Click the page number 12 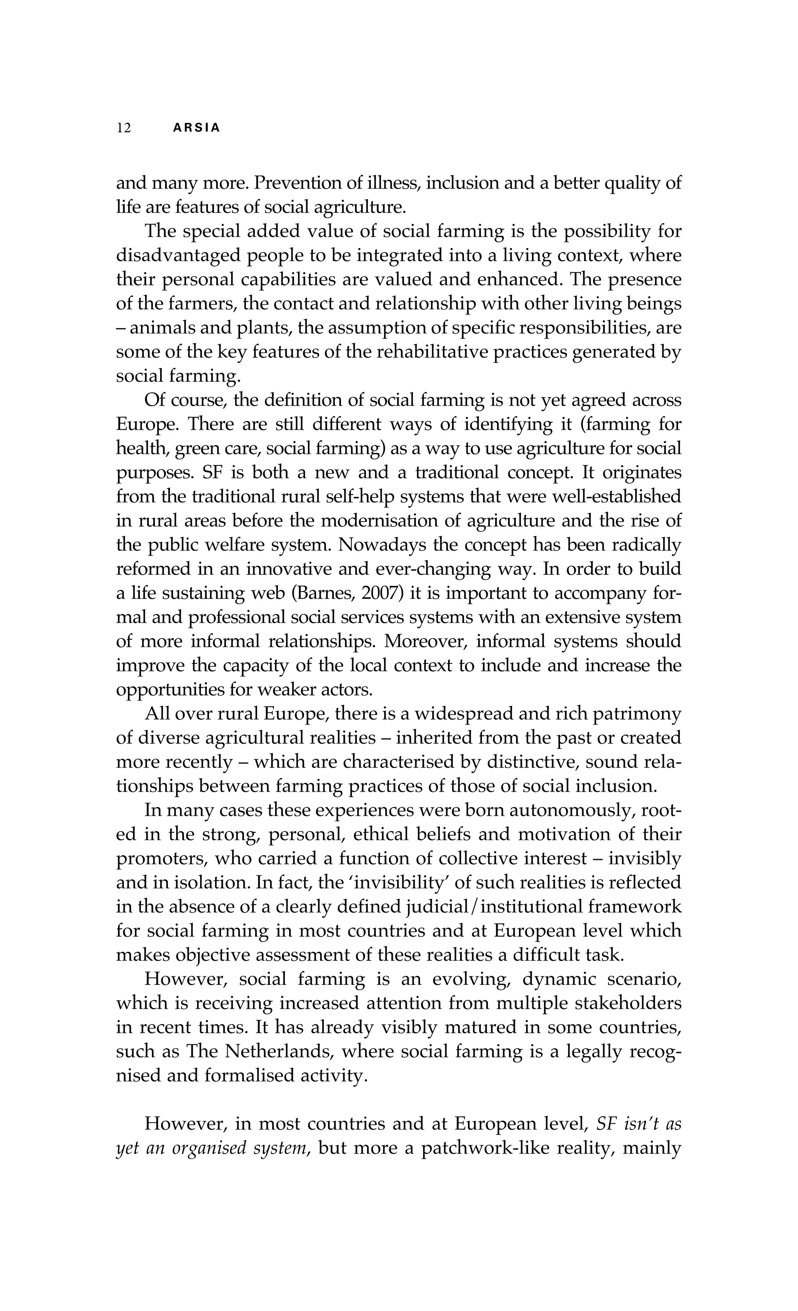124,128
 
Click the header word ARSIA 197,128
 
